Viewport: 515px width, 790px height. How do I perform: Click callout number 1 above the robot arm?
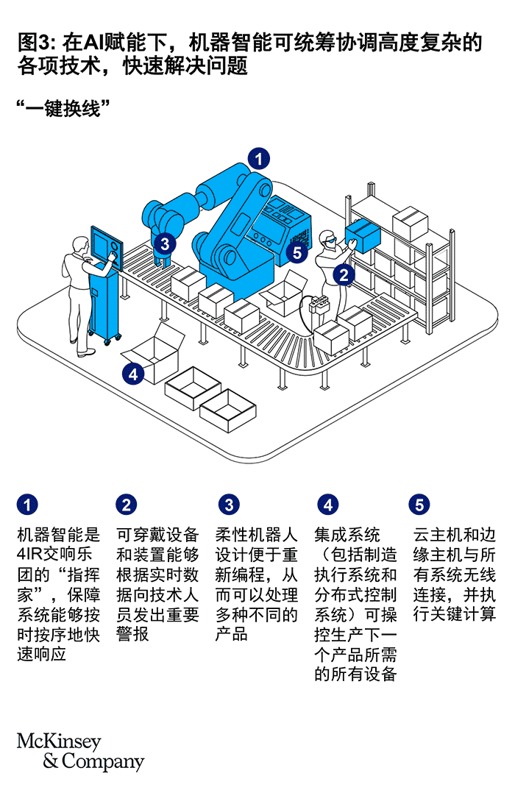coord(258,157)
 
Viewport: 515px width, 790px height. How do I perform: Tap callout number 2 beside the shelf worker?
coord(343,274)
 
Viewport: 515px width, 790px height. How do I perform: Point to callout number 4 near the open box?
coord(132,374)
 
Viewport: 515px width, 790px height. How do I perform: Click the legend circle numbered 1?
coord(27,505)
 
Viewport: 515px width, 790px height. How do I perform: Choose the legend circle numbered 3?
coord(229,505)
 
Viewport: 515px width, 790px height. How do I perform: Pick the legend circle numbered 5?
coord(419,505)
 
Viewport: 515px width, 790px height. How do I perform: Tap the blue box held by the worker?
coord(363,235)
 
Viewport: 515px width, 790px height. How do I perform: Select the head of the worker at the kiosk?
coord(79,244)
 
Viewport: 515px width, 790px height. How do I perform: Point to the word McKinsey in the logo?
coord(59,741)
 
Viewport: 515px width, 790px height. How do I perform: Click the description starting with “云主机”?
coord(454,574)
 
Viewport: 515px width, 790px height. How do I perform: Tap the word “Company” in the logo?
coord(103,761)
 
